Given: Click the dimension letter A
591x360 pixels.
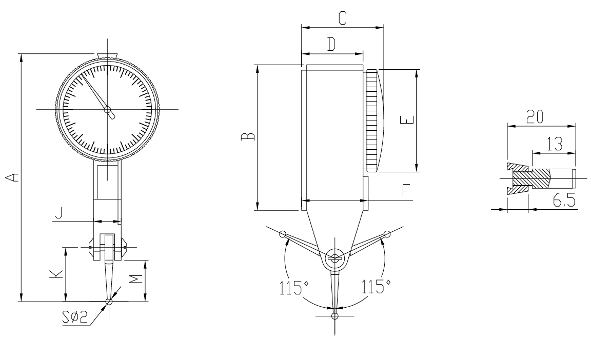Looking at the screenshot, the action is pos(13,177).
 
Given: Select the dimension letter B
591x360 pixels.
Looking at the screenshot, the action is pos(248,136).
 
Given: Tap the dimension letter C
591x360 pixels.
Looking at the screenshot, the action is pos(342,18).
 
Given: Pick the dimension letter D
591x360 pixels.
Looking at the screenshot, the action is pos(331,44).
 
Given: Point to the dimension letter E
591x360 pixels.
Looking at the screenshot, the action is pos(407,120).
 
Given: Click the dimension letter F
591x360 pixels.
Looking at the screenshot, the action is pos(406,191).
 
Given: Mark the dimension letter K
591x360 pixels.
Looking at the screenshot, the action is pos(56,274).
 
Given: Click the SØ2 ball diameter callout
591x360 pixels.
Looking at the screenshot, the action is pos(75,317).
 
